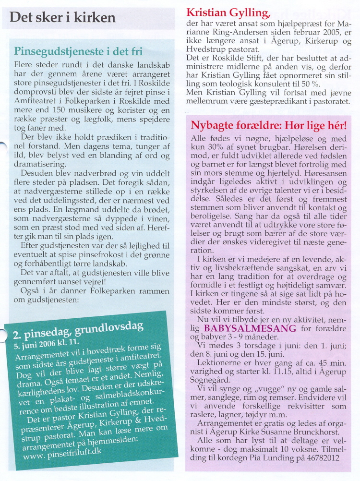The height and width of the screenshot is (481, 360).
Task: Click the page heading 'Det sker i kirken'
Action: point(63,18)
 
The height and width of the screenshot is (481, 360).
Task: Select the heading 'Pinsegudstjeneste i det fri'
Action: point(78,51)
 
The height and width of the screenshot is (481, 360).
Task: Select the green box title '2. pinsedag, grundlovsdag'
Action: point(74,332)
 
